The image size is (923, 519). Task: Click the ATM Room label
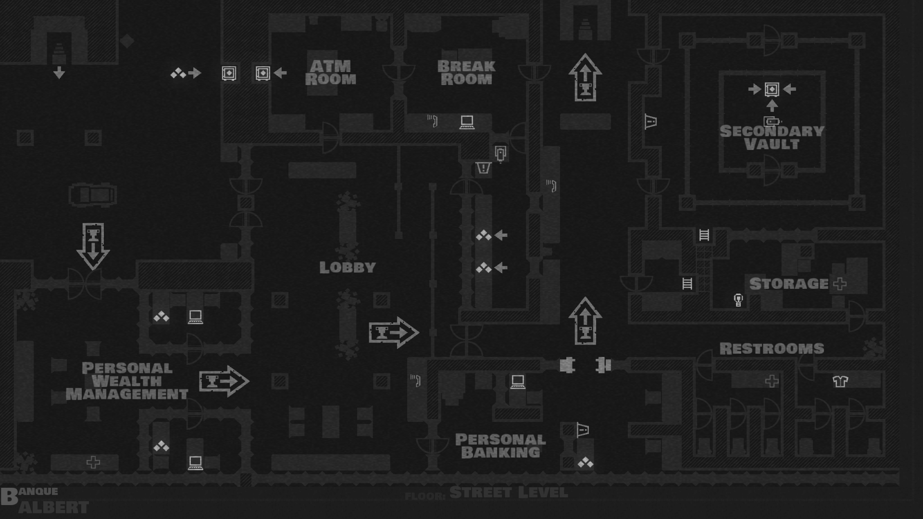(x=330, y=73)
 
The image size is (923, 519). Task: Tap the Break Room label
(x=466, y=73)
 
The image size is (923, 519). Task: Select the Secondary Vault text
(x=772, y=137)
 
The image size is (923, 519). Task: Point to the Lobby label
(x=348, y=268)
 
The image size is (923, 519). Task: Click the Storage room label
(x=789, y=284)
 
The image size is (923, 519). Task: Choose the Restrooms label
(x=772, y=348)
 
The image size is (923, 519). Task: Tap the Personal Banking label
(x=500, y=446)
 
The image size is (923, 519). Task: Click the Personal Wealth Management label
(x=127, y=381)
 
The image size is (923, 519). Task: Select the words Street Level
(x=509, y=493)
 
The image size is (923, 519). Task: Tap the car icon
(x=93, y=195)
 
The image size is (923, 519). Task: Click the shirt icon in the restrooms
(x=840, y=382)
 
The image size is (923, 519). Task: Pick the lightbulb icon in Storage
(x=738, y=300)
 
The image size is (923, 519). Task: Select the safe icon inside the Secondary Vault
(x=772, y=89)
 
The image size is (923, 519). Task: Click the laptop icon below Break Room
(x=467, y=122)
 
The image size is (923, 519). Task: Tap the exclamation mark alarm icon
(x=483, y=168)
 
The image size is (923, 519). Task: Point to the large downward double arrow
(x=93, y=246)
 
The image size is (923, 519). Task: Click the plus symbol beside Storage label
(x=840, y=284)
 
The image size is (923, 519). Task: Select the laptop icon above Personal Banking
(x=517, y=382)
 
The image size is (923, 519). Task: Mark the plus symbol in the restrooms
(x=772, y=382)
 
